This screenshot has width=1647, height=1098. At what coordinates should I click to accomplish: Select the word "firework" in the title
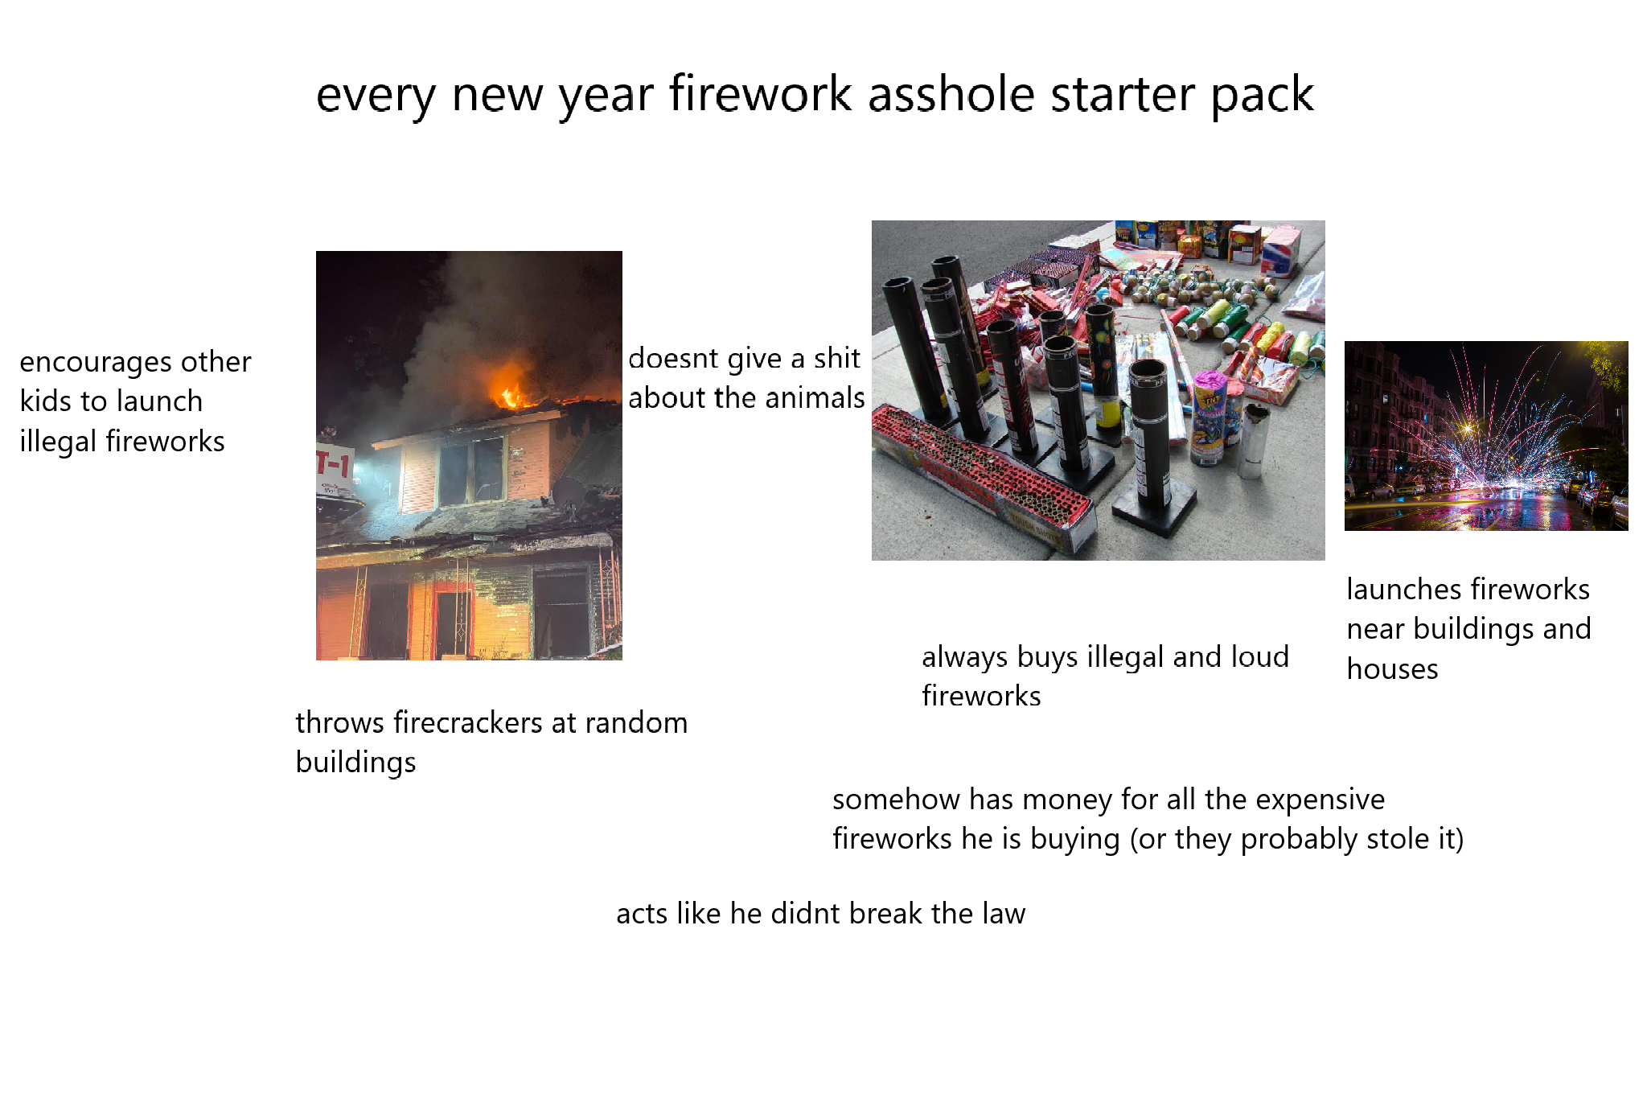[x=760, y=94]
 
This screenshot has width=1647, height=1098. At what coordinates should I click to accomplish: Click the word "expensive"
[x=1320, y=800]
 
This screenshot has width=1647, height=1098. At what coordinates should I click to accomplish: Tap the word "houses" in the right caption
[x=1392, y=669]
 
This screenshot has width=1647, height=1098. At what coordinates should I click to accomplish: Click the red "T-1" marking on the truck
[x=334, y=464]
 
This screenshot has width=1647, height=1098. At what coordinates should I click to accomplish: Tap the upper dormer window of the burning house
[x=470, y=471]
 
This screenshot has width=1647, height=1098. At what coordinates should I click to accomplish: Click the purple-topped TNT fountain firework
[x=1209, y=414]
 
